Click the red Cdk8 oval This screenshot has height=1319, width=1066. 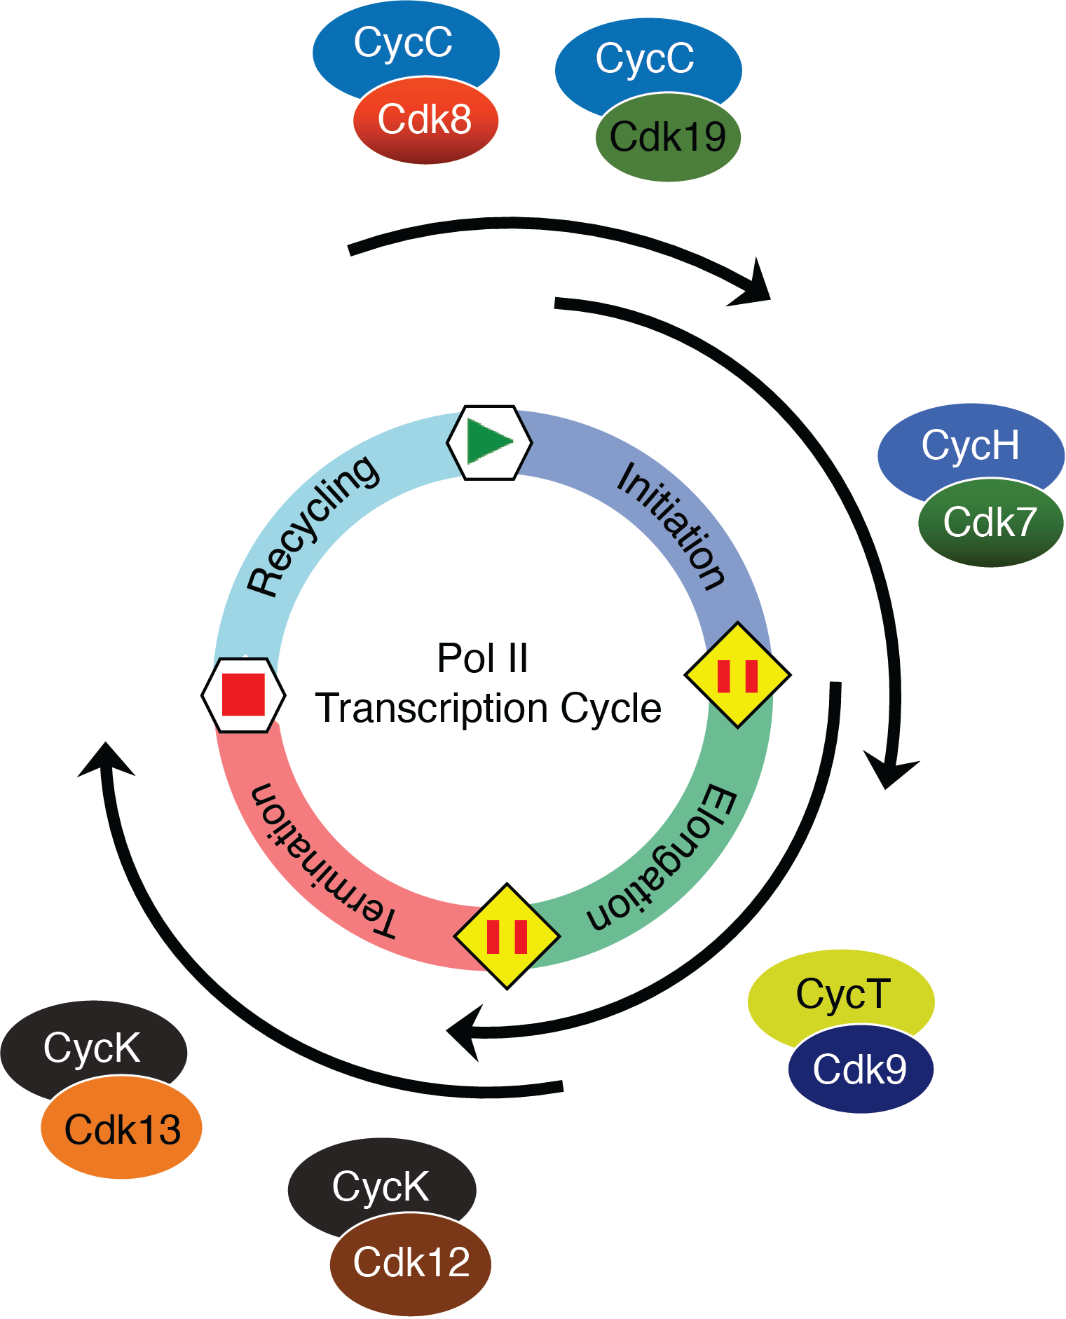tap(425, 121)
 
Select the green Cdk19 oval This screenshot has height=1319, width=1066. tap(668, 137)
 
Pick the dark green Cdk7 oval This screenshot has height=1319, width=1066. tap(990, 523)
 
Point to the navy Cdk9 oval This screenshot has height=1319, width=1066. tap(860, 1069)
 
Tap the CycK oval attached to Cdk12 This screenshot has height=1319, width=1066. tap(381, 1186)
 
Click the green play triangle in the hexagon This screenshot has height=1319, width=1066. tap(488, 442)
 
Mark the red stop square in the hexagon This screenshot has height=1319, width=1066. tap(243, 695)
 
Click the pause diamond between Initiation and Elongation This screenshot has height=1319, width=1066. tap(737, 675)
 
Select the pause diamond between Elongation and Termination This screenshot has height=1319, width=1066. tap(507, 936)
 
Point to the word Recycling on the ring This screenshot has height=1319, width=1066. tap(313, 526)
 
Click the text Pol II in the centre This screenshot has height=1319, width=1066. tap(482, 658)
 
